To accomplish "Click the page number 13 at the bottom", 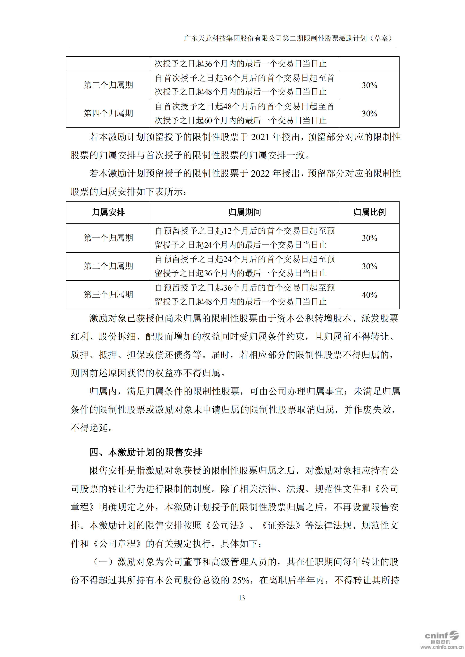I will (241, 598).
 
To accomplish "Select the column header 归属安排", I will (108, 212).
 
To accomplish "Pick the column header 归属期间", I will (244, 212).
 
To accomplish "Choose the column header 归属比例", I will (369, 212).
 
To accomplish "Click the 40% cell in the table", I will (369, 295).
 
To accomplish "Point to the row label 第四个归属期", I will (108, 113).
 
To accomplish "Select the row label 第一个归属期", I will (108, 238).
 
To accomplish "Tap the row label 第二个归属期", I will (108, 266).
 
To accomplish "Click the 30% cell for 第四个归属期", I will (369, 114).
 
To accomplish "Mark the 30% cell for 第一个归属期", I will (369, 238).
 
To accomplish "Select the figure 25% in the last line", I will (240, 580).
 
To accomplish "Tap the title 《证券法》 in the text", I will (281, 525).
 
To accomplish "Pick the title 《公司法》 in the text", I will (225, 525).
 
